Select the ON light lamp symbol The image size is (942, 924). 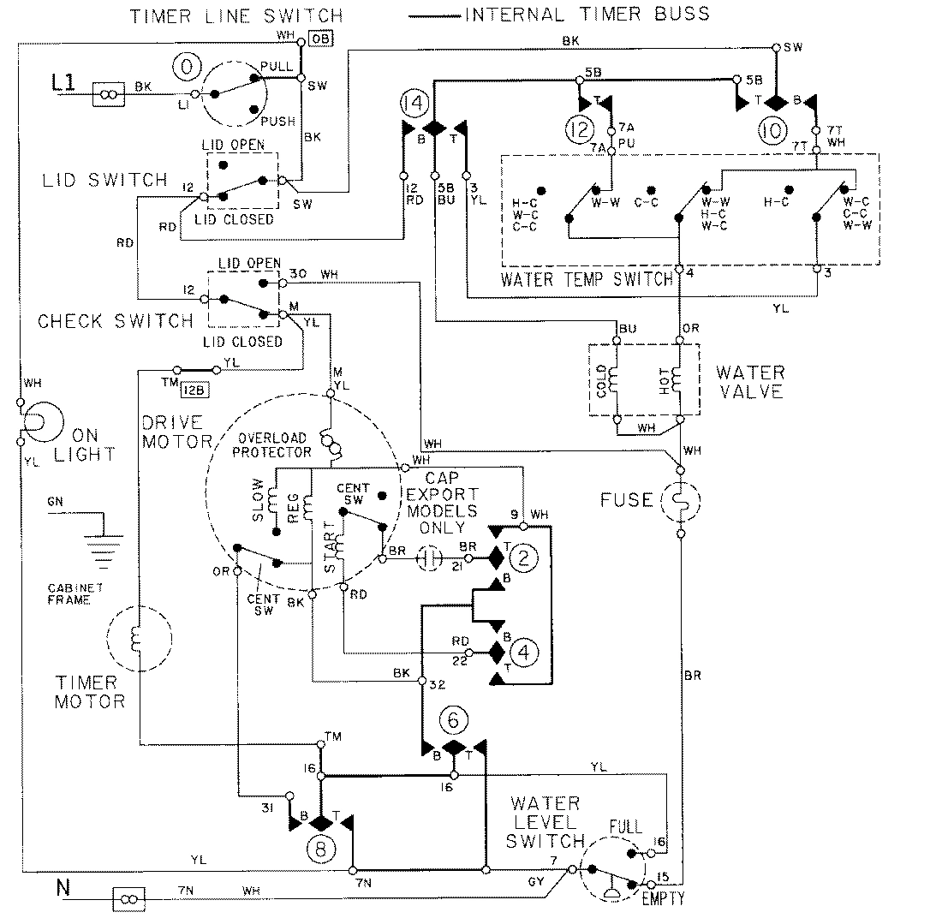[x=38, y=421]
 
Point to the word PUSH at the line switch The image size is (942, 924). [x=278, y=122]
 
